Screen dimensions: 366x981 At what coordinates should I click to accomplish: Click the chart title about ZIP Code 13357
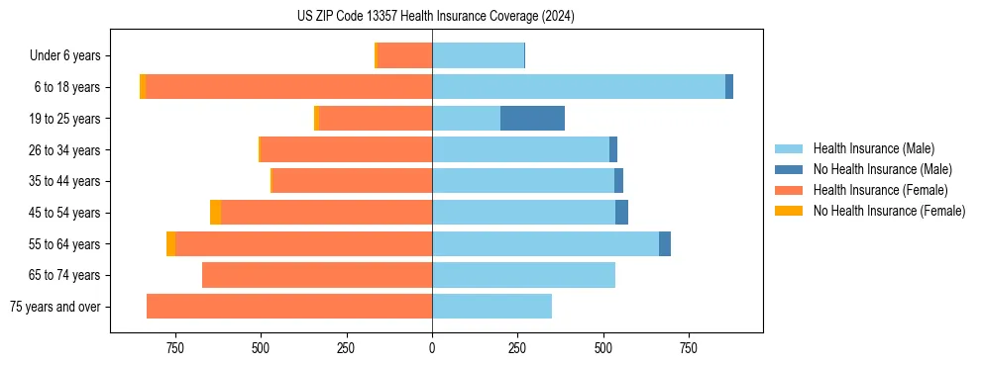click(x=435, y=17)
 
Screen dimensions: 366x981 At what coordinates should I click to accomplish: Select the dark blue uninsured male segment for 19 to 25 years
click(x=532, y=119)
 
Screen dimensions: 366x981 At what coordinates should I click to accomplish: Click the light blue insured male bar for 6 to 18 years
click(x=579, y=87)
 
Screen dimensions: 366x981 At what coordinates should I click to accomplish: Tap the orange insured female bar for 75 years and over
click(x=289, y=307)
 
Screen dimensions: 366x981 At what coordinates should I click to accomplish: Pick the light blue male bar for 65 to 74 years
click(x=523, y=275)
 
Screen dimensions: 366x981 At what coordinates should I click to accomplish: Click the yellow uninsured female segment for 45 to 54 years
click(x=215, y=213)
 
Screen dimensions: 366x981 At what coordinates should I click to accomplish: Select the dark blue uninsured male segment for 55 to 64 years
click(x=665, y=244)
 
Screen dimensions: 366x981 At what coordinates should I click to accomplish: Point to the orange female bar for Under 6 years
click(x=404, y=56)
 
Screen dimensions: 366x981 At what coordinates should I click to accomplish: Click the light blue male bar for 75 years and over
click(x=491, y=307)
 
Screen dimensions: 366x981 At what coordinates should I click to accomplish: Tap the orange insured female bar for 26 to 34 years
click(x=346, y=150)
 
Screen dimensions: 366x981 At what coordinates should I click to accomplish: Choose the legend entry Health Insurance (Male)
click(x=873, y=149)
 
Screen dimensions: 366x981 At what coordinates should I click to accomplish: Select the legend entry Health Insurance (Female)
click(x=880, y=190)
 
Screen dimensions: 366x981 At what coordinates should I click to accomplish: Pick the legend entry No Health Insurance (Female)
click(x=889, y=211)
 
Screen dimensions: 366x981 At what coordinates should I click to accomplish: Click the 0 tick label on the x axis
click(x=432, y=348)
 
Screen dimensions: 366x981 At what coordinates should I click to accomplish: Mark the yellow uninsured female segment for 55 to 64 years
click(x=170, y=244)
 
